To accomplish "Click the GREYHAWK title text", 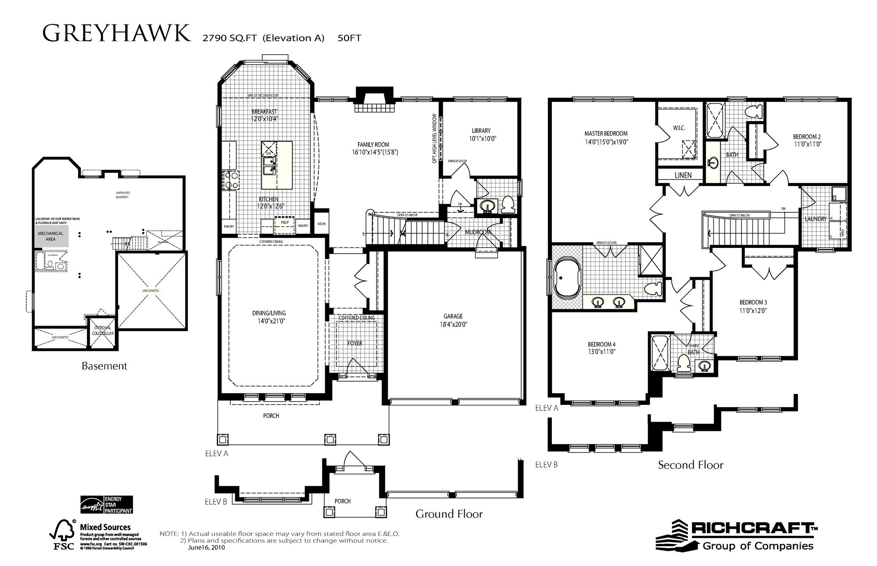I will pos(117,33).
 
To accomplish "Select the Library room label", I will pos(481,131).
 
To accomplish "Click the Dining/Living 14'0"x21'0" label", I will pos(268,317).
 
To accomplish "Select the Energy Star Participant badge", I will pos(106,505).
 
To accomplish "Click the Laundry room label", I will pos(815,219).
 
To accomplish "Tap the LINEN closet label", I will pos(683,175).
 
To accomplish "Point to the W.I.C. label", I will pos(679,128).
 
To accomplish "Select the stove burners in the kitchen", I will pos(230,180).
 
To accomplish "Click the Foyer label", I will pos(354,343).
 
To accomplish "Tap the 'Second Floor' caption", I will pos(690,465).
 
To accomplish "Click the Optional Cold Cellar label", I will pos(103,330).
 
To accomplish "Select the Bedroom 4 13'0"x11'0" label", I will pos(601,348).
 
